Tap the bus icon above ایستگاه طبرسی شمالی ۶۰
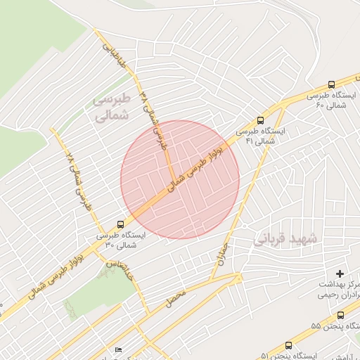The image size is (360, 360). click(x=331, y=82)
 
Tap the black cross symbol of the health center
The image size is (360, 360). click(x=340, y=273)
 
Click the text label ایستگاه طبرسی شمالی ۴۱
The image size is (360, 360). click(x=262, y=136)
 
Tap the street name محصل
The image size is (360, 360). click(x=176, y=296)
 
